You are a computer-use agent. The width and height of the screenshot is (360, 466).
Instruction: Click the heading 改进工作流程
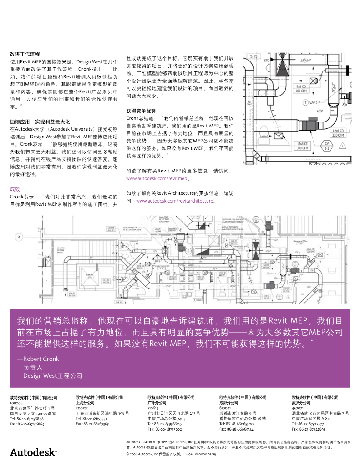coord(25,54)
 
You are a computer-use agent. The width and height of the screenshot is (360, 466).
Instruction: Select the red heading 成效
coord(15,188)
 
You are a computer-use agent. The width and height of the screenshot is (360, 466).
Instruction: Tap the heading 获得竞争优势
coord(141,111)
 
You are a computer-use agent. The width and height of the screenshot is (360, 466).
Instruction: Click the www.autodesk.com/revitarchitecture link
coord(175,201)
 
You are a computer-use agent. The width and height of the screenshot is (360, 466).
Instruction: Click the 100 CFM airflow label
coord(301,91)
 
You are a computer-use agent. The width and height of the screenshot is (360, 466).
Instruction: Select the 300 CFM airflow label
coord(302,148)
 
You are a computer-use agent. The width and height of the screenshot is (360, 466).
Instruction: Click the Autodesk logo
coord(33,452)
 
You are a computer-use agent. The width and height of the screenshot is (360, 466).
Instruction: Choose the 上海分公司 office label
coord(85,403)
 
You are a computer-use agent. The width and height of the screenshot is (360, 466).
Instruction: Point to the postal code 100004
coord(16,403)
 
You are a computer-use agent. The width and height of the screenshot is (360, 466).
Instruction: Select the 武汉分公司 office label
coord(301,403)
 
